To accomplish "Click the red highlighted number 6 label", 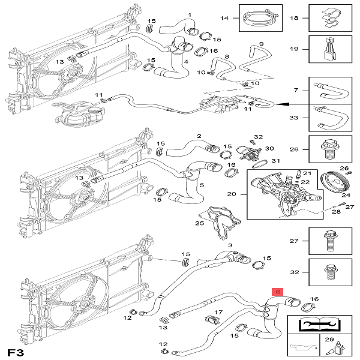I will [277, 292].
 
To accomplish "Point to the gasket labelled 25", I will [220, 224].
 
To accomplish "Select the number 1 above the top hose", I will [190, 14].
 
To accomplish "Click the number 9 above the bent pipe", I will [262, 44].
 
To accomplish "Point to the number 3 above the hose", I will [229, 245].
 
